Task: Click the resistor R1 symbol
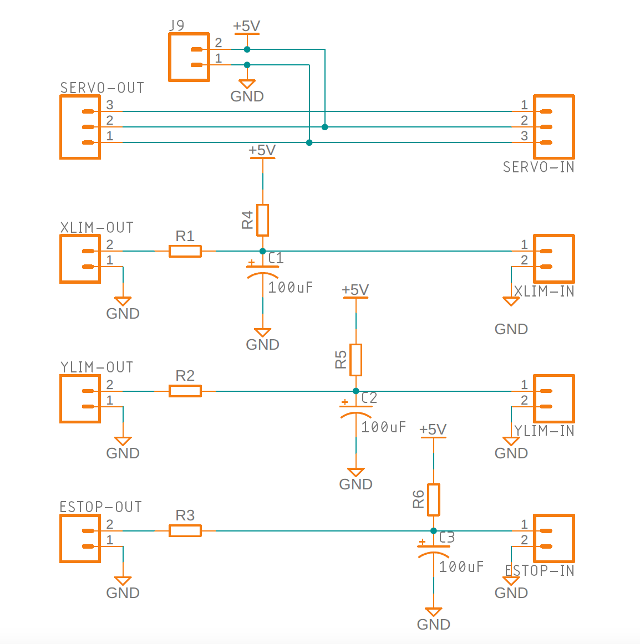[185, 251]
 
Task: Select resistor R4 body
[262, 220]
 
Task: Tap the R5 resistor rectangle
[355, 360]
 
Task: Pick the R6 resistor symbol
[433, 499]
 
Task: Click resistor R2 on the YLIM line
[185, 391]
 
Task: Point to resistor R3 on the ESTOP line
[185, 530]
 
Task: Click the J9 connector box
[189, 57]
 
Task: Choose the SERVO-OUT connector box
[80, 127]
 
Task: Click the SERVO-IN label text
[538, 167]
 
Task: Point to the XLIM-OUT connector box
[80, 259]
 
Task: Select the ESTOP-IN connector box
[553, 538]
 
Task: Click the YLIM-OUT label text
[96, 367]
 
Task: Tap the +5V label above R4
[262, 150]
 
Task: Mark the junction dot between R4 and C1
[262, 251]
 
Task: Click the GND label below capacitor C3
[433, 624]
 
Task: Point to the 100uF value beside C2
[383, 427]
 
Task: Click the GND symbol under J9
[247, 84]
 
